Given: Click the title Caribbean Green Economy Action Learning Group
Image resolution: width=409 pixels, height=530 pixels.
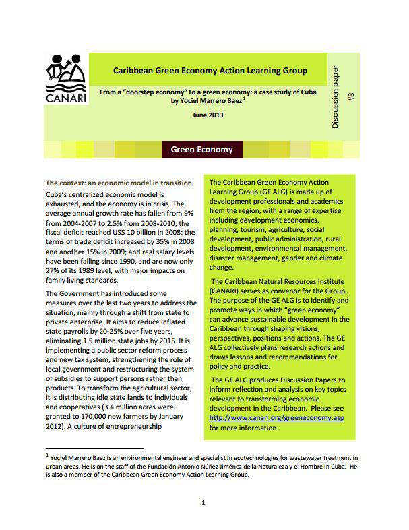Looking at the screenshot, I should click(x=210, y=70).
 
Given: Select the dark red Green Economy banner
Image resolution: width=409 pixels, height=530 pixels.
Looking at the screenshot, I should click(x=201, y=150).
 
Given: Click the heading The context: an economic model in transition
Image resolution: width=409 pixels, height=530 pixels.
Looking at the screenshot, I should click(x=119, y=183).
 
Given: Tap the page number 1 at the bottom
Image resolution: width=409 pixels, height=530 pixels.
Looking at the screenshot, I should click(x=203, y=502).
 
